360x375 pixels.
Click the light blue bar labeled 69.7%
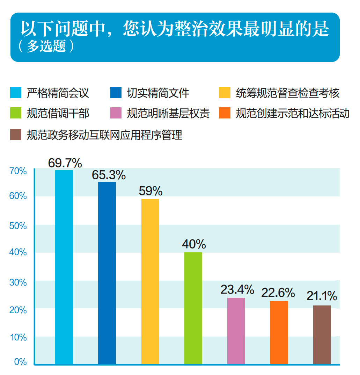pos(64,267)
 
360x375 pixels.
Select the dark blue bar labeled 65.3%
pos(107,273)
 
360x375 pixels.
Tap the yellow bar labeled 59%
pos(150,282)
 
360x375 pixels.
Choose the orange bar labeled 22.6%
pos(279,332)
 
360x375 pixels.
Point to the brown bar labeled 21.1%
pos(322,335)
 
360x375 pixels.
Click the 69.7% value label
pos(65,163)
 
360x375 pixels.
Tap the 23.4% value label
pos(237,290)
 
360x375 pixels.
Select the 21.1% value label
pos(322,296)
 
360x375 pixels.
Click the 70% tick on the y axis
pos(18,171)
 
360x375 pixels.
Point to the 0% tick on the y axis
pos(20,362)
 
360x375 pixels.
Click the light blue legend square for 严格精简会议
pos(16,93)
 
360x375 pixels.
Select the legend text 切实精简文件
pos(158,93)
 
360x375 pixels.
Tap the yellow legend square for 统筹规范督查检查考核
pos(225,93)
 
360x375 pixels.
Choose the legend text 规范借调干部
pos(58,113)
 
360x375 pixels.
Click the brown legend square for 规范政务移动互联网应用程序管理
pos(16,135)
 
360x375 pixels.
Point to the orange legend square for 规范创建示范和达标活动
pos(225,113)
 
